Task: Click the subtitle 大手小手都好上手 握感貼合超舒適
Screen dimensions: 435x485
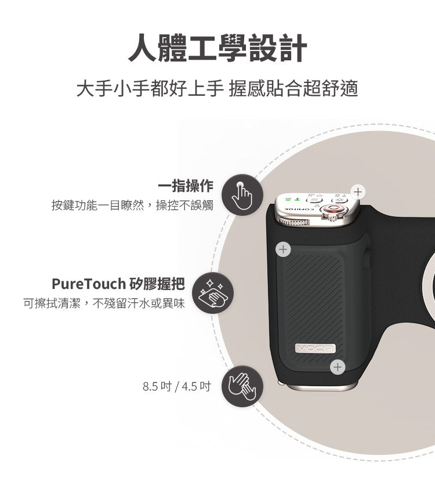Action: (x=217, y=88)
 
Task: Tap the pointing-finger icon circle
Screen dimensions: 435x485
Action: (x=242, y=195)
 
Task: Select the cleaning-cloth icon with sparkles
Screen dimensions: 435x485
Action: (x=213, y=293)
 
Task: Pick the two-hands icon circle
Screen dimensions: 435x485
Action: (x=242, y=386)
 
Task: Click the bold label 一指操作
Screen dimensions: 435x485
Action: (x=186, y=186)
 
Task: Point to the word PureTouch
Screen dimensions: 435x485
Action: (x=89, y=284)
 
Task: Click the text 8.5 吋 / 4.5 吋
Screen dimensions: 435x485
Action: (x=176, y=386)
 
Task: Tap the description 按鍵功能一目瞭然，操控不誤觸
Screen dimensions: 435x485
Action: (x=132, y=205)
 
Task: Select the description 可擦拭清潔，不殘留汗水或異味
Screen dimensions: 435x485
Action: (x=104, y=303)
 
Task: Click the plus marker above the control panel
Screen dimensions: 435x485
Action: (x=358, y=192)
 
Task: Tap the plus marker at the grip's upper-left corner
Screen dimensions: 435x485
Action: (x=283, y=249)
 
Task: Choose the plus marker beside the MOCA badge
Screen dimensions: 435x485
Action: (x=338, y=367)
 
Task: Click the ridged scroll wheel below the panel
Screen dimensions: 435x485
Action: (x=293, y=221)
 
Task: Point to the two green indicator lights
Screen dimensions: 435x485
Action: (x=293, y=198)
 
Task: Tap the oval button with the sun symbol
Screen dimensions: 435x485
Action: (x=339, y=200)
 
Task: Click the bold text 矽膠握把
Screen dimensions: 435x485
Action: (x=157, y=284)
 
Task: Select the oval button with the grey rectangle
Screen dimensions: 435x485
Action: (x=316, y=201)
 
